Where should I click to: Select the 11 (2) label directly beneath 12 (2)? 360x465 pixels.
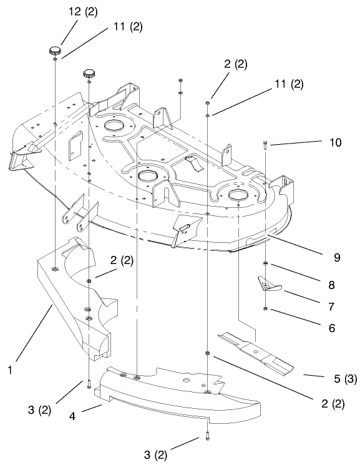coord(127,27)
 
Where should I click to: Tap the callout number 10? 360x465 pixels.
coord(335,142)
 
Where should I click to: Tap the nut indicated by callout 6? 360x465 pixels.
coord(266,308)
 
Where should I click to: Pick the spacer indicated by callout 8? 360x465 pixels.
coord(266,264)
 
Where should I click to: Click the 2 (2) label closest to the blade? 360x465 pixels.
coord(328,403)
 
